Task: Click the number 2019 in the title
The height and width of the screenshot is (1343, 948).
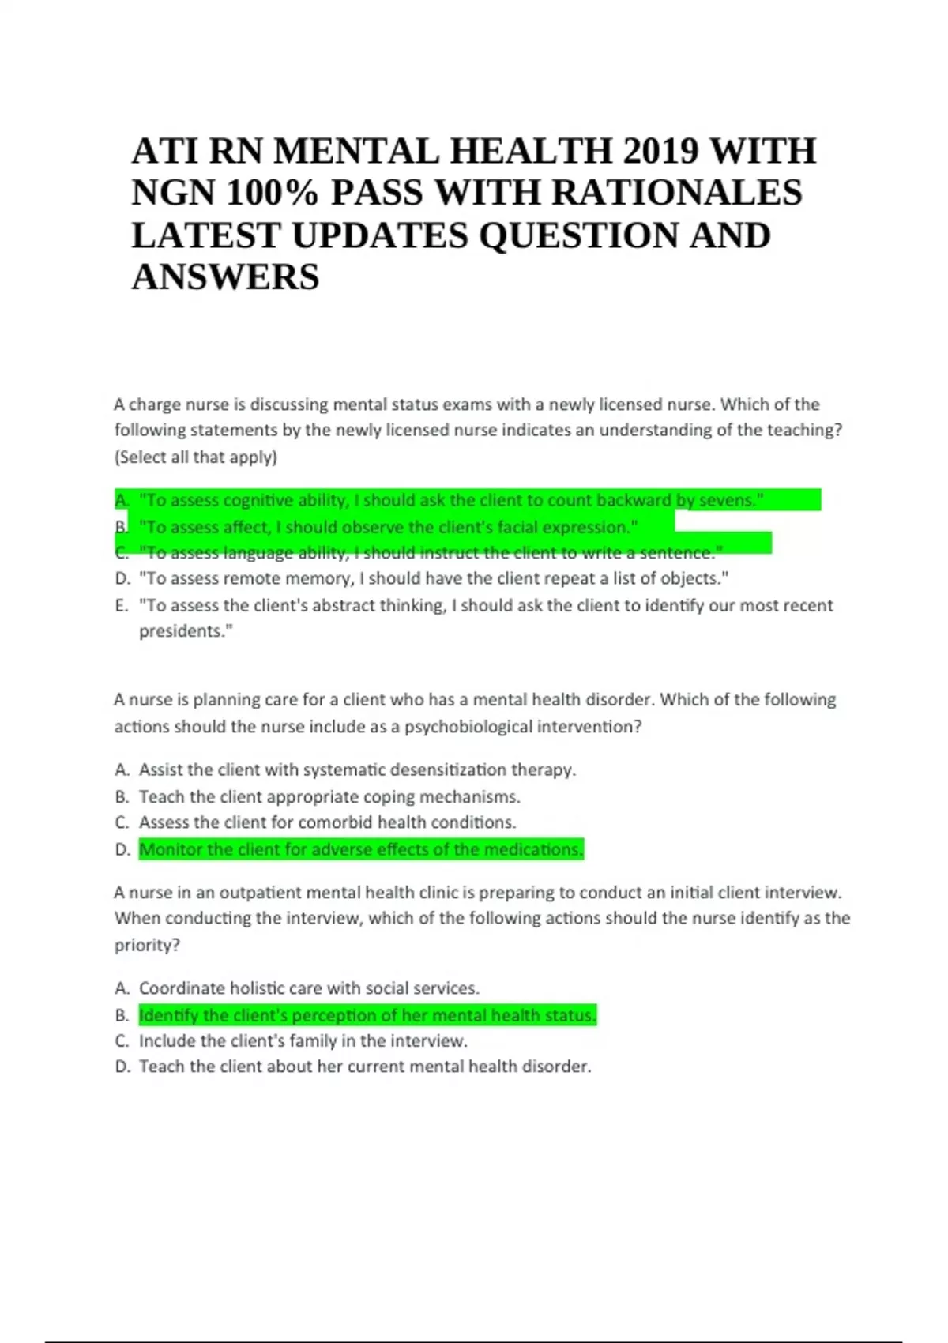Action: (656, 151)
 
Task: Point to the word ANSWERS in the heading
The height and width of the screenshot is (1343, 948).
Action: (225, 277)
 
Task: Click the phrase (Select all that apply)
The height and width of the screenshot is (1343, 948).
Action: (196, 457)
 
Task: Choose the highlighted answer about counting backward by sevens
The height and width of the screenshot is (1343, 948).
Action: (450, 500)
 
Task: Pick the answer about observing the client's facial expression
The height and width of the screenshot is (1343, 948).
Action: (388, 527)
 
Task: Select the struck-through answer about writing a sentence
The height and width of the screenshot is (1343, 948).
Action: (431, 552)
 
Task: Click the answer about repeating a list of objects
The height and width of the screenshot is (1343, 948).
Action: (433, 578)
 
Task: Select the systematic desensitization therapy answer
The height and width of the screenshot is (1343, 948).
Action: (357, 769)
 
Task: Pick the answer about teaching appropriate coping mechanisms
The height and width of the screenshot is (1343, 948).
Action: (329, 796)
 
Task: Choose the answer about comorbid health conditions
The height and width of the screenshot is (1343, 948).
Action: (327, 822)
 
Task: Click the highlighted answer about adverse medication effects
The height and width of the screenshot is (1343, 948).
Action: (361, 849)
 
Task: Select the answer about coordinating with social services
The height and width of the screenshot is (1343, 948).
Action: (309, 988)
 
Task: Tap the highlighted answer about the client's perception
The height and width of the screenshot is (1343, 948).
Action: (367, 1015)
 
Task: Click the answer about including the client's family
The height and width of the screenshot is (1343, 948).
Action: (303, 1040)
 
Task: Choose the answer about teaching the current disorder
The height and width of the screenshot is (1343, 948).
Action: (365, 1066)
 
